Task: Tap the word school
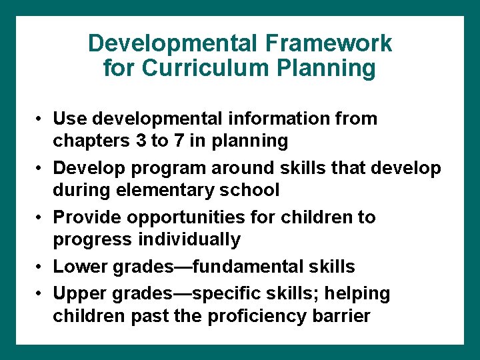[249, 191]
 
